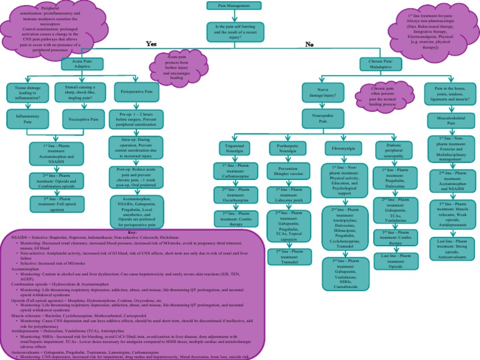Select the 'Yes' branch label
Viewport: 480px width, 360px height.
click(x=151, y=44)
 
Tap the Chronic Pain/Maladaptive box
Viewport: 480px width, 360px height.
click(x=380, y=64)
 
